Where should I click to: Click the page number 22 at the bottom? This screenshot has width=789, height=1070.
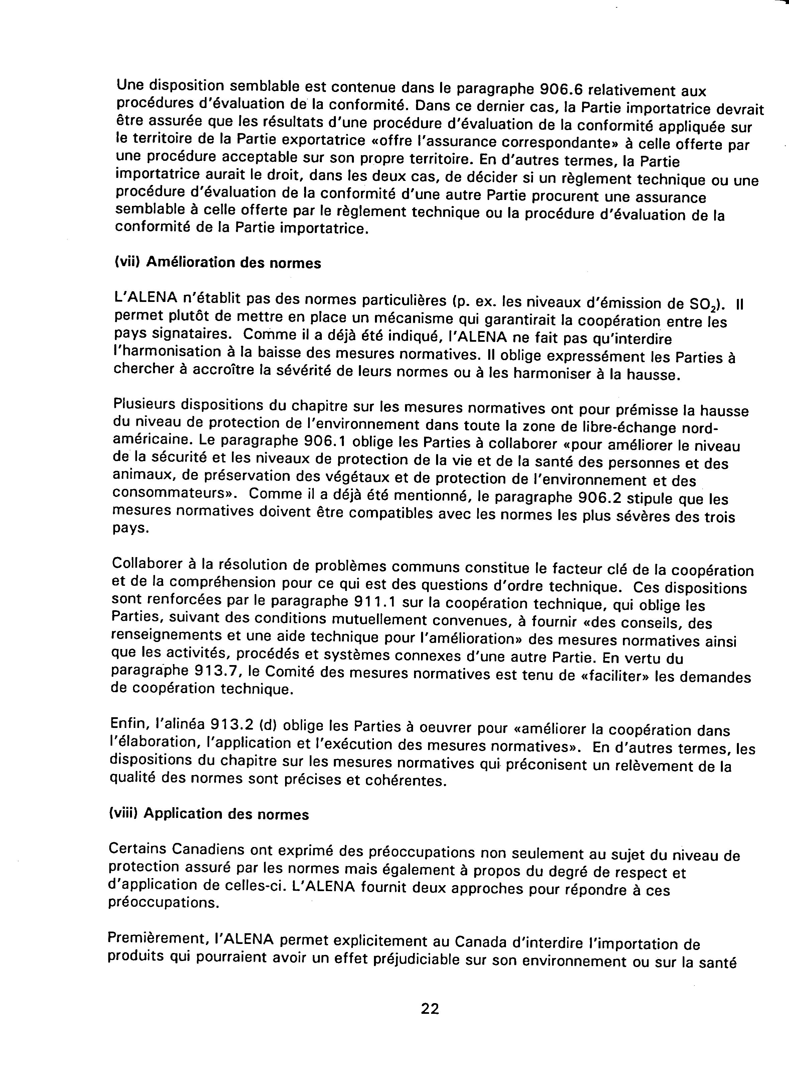click(x=429, y=1009)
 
